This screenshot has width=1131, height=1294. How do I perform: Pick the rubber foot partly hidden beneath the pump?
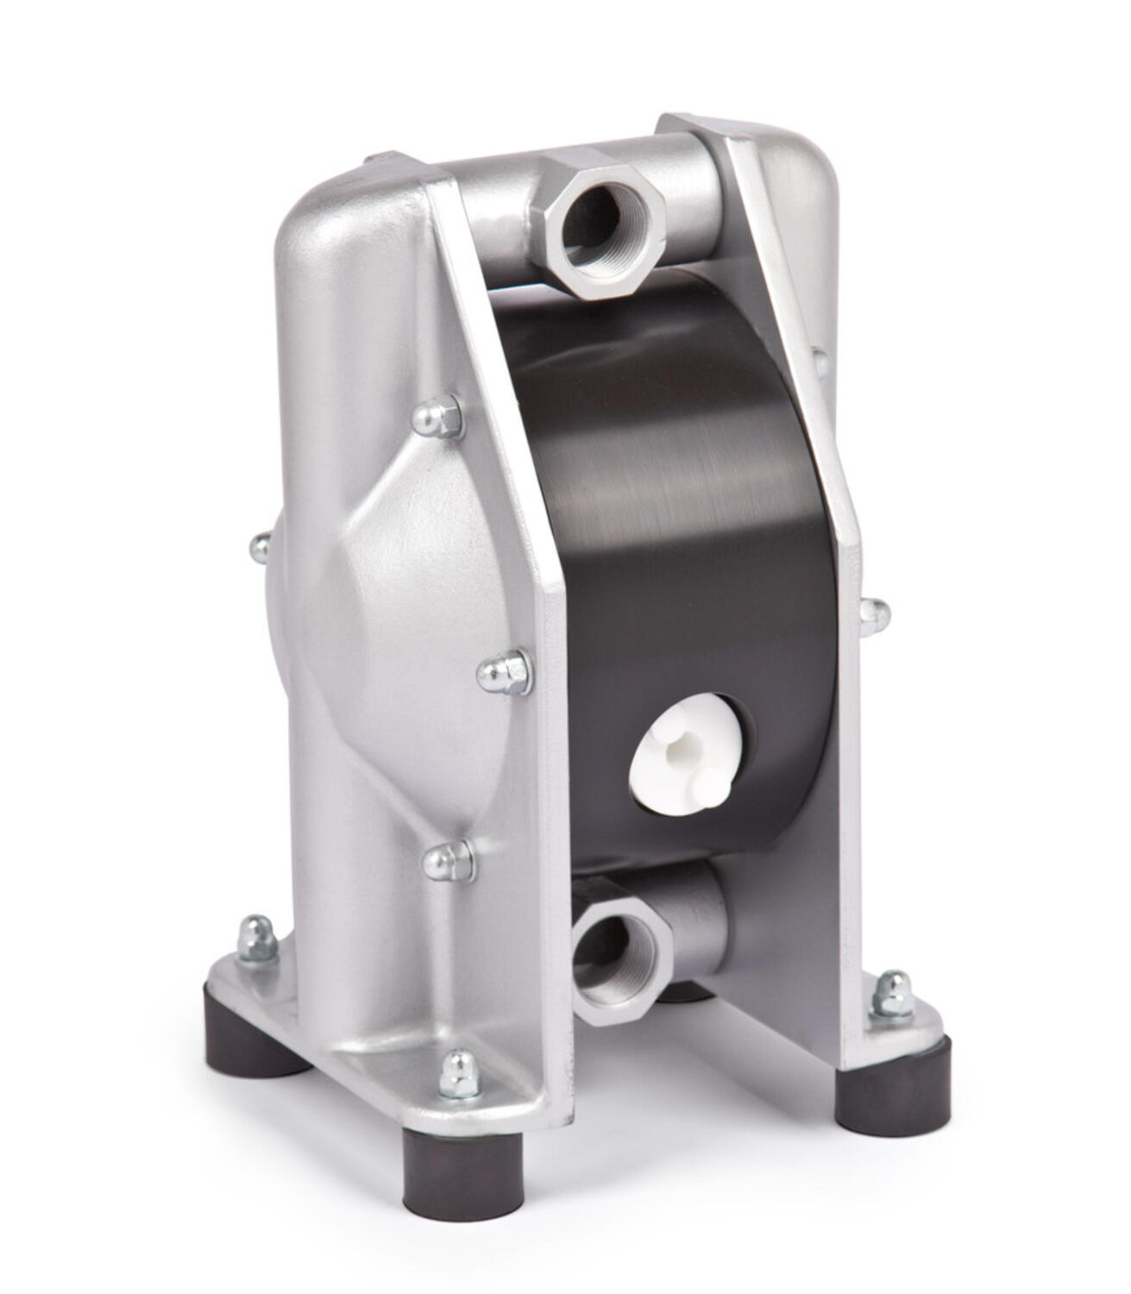687,992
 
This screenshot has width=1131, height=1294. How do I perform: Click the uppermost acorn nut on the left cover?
437,418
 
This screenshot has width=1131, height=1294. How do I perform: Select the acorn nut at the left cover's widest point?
505,670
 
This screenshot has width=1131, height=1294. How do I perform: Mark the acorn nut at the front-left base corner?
459,1074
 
